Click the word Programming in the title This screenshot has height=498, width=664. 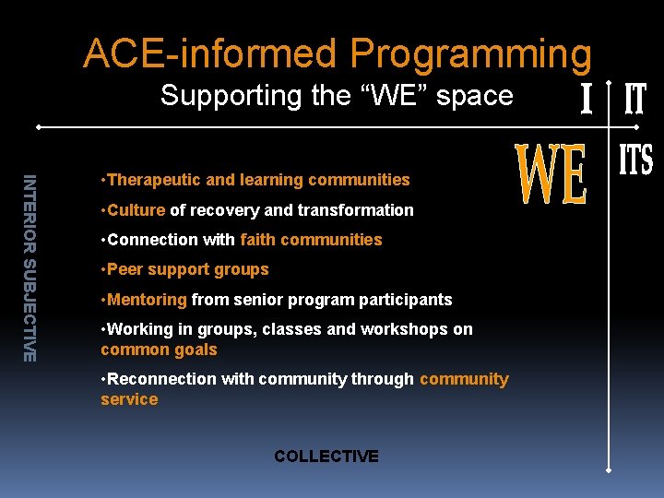(470, 54)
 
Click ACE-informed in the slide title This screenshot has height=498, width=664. (213, 54)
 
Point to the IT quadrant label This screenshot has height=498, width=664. (635, 99)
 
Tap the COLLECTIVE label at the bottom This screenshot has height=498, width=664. (326, 456)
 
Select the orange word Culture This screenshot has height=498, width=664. (136, 209)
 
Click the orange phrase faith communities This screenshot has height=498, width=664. (311, 240)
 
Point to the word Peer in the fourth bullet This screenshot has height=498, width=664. (126, 269)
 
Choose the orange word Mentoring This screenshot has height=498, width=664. (148, 299)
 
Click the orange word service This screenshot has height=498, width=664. (129, 399)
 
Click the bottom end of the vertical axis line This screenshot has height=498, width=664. (610, 469)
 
